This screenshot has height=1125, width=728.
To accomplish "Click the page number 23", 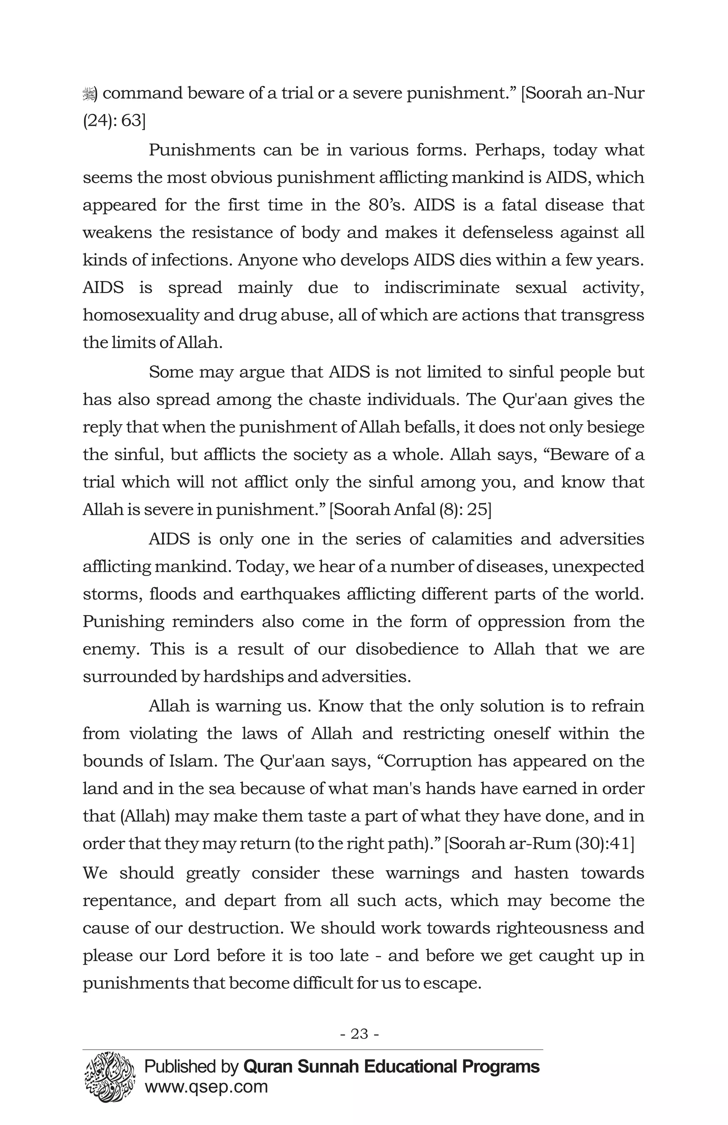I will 359,1034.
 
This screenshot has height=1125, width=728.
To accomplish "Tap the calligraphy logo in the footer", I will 110,1070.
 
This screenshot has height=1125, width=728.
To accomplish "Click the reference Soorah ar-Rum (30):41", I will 539,843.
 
